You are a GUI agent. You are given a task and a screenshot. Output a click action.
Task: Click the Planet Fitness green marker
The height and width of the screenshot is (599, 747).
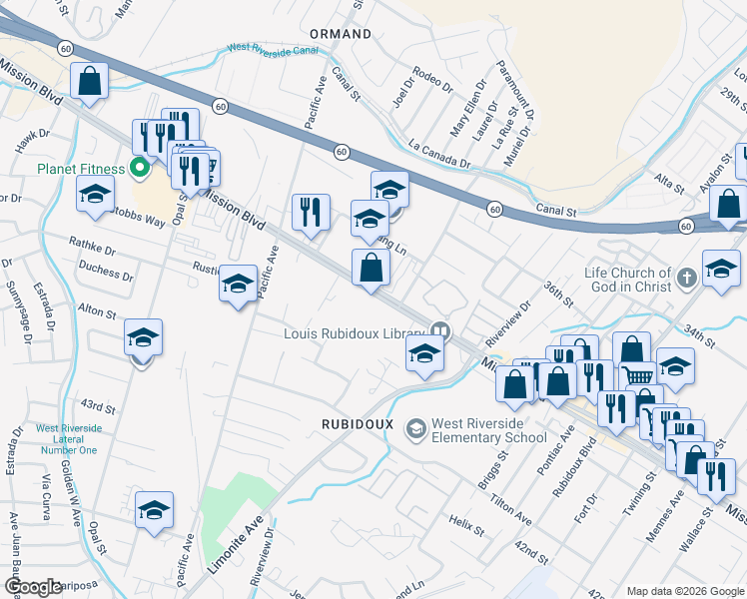click(x=141, y=169)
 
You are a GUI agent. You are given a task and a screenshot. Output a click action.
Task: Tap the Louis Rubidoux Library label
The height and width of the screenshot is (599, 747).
click(x=356, y=333)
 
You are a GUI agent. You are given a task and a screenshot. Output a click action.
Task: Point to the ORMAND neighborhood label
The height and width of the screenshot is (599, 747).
click(x=341, y=34)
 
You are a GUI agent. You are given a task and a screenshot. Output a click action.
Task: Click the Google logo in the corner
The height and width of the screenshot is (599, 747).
click(x=33, y=587)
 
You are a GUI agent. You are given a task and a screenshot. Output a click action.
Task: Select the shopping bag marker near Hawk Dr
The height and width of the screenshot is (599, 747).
click(x=89, y=80)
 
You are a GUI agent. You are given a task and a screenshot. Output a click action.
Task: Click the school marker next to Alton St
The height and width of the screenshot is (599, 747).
click(x=143, y=338)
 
